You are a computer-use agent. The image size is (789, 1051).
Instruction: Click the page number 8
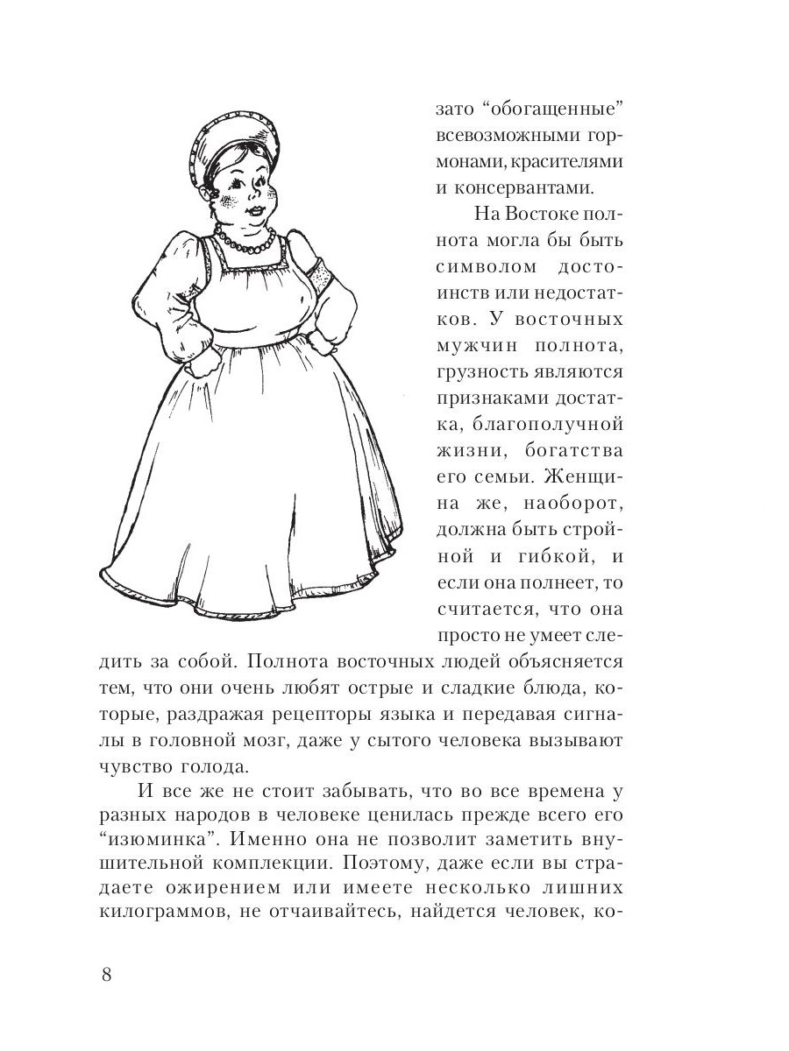point(106,976)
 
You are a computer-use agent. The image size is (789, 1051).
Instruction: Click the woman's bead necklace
point(245,240)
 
